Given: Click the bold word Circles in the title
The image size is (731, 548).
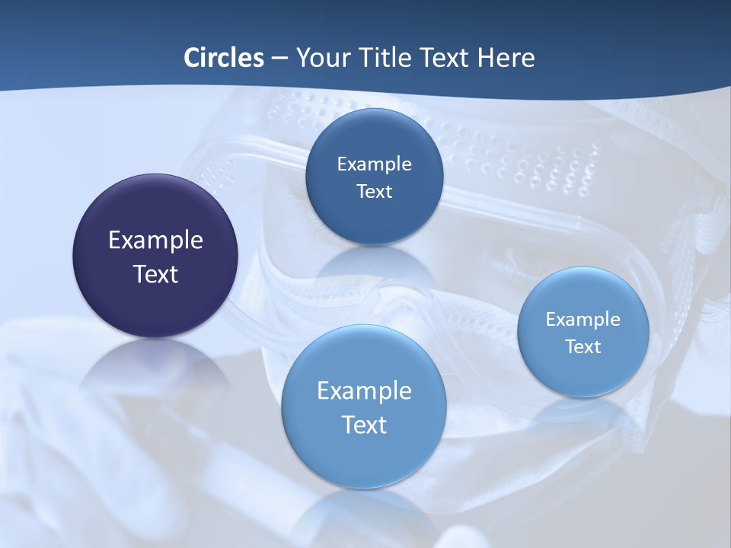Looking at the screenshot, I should pos(223,58).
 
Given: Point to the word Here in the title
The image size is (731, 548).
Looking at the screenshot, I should pos(506,58).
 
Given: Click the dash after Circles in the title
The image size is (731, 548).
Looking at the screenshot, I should pos(279,59).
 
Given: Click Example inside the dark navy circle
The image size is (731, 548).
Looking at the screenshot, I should pos(155,241).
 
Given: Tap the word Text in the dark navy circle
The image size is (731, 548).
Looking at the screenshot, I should pos(155,274).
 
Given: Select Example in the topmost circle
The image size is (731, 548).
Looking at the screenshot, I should pos(374,164).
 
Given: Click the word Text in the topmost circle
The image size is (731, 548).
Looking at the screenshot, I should pos(374,192).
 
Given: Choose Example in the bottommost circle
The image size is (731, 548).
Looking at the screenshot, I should pos(364,391).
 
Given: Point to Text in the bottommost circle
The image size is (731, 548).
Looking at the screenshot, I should pos(364,425).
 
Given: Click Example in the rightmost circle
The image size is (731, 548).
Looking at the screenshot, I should pos(583,320).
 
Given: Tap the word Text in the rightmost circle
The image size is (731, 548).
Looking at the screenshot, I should pos(583,347).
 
